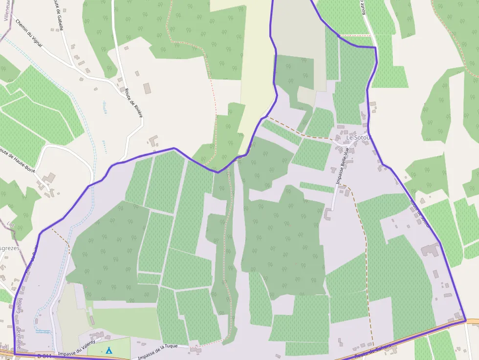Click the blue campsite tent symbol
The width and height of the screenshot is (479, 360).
[109, 350]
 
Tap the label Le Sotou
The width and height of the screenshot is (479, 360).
[359, 138]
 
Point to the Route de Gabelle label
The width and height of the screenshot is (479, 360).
[58, 15]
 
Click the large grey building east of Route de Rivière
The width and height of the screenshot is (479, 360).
[147, 88]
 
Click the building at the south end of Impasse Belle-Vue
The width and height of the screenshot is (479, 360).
[327, 214]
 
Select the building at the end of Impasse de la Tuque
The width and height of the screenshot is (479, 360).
[196, 350]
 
